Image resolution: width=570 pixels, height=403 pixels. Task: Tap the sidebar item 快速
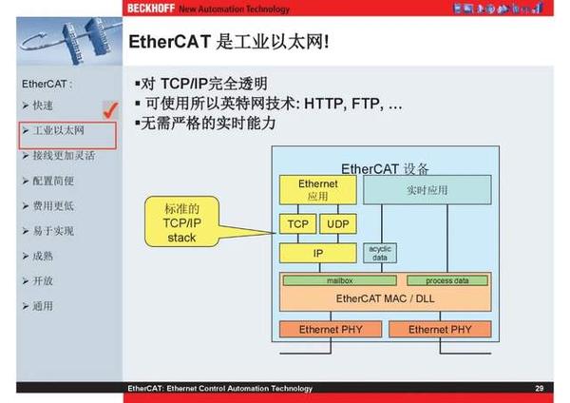[43, 105]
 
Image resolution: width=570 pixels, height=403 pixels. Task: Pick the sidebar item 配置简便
[53, 181]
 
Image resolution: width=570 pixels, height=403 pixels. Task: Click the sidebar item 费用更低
[53, 205]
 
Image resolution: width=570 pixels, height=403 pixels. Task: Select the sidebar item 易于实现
[53, 231]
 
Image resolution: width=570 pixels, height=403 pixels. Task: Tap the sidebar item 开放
[43, 281]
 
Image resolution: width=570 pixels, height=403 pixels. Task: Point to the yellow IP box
[317, 254]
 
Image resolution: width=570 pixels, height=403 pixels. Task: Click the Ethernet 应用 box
[317, 189]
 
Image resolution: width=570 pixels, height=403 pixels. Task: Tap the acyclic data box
[380, 252]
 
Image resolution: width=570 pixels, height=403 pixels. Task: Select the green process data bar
[447, 281]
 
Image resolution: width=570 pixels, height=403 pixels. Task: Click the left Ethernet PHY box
[328, 329]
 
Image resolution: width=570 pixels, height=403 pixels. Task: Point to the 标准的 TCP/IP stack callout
[180, 222]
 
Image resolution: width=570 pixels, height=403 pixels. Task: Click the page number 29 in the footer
[540, 388]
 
